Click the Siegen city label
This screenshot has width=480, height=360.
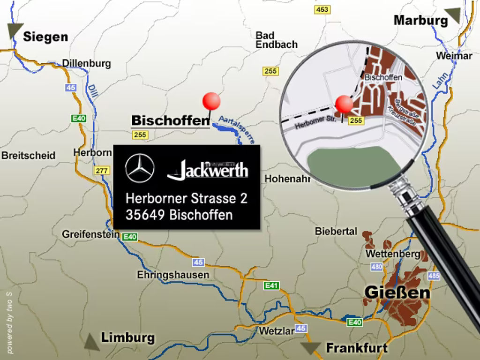pyautogui.click(x=45, y=37)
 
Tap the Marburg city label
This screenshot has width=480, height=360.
pyautogui.click(x=420, y=20)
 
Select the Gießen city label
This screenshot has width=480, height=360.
pyautogui.click(x=397, y=292)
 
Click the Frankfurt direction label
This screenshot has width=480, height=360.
pyautogui.click(x=357, y=348)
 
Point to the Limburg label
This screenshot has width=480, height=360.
pyautogui.click(x=127, y=337)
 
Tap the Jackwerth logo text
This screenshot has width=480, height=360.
pyautogui.click(x=208, y=170)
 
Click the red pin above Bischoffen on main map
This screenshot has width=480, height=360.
pyautogui.click(x=211, y=101)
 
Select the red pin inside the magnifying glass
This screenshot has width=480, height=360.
pyautogui.click(x=344, y=104)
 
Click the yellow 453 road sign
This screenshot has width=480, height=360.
pyautogui.click(x=322, y=9)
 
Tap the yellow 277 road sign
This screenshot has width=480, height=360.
pyautogui.click(x=102, y=171)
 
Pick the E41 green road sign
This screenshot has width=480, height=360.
pyautogui.click(x=271, y=285)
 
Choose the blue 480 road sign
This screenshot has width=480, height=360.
pyautogui.click(x=376, y=267)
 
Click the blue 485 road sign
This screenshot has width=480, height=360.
pyautogui.click(x=434, y=276)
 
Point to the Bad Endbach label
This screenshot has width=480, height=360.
pyautogui.click(x=276, y=40)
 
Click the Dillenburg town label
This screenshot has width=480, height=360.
pyautogui.click(x=86, y=63)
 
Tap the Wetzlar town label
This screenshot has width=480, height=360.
pyautogui.click(x=277, y=330)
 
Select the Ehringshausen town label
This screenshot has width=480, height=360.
pyautogui.click(x=173, y=275)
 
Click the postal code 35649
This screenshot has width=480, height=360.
pyautogui.click(x=146, y=215)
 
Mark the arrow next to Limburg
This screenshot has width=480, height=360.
pyautogui.click(x=91, y=342)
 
